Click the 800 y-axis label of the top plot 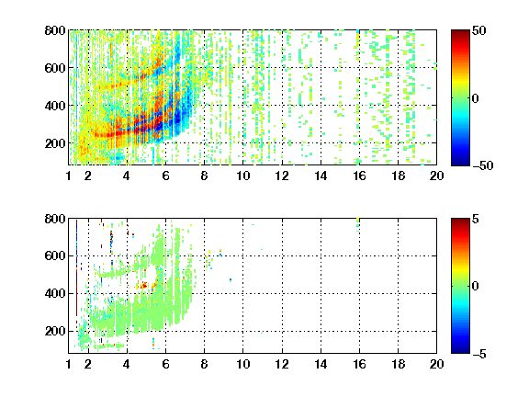55,30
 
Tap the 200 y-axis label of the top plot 55,143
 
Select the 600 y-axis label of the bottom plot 55,255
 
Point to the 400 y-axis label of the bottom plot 55,293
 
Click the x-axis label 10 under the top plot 242,176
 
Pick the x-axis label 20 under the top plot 436,176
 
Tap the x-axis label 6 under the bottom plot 165,364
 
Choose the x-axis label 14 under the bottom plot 321,364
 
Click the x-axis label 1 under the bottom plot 69,364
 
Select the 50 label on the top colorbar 478,30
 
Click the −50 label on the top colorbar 483,165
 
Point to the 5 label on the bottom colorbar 476,219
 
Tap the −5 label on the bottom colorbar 479,354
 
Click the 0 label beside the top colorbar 475,98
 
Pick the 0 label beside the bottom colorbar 475,287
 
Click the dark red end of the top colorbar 460,33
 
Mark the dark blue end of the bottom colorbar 460,350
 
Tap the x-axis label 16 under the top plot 359,176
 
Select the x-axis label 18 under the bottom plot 398,364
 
